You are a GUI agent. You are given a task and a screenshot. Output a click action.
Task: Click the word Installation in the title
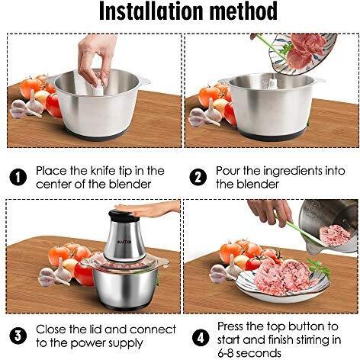pos(152,11)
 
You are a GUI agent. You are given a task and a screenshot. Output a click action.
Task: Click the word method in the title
pos(244,11)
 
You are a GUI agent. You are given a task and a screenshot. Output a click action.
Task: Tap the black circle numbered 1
pos(18,177)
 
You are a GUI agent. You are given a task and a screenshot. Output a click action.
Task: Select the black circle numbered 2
pos(198,177)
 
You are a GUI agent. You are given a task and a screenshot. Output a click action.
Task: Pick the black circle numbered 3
pos(18,336)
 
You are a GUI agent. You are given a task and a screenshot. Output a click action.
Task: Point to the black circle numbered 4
pos(201,339)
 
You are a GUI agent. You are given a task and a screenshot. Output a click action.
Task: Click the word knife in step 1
pos(103,171)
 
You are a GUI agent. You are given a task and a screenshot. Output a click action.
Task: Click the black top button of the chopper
pos(124,216)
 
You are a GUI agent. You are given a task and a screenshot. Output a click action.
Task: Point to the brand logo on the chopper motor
pos(124,242)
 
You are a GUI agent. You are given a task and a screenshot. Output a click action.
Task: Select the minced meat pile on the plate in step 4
pos(284,277)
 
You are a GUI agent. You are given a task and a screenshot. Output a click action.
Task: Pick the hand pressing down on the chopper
pos(150,209)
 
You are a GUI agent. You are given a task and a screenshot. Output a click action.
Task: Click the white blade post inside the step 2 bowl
pos(272,82)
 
